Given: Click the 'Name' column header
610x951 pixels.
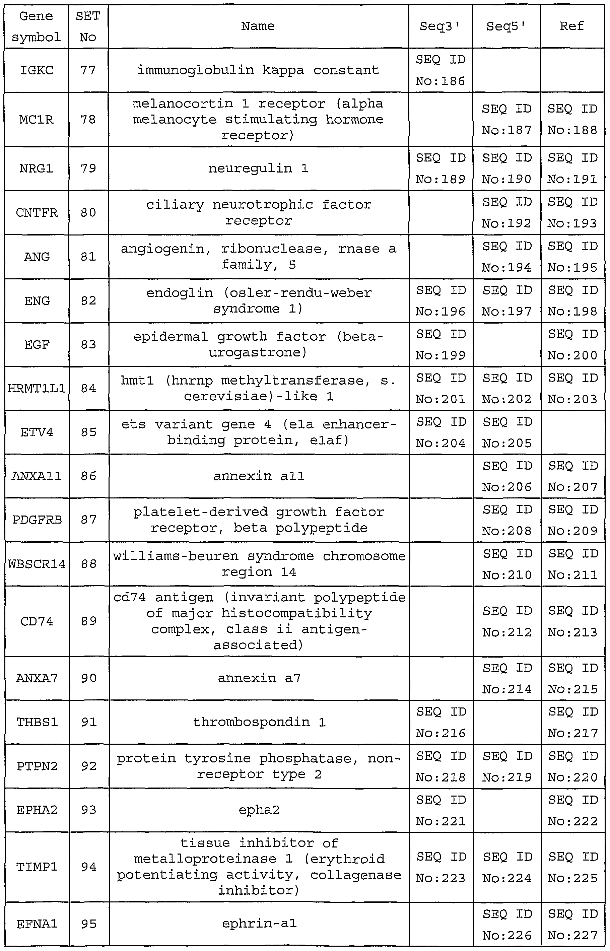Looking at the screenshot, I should (x=258, y=26).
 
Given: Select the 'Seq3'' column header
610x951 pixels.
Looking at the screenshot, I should (x=440, y=26).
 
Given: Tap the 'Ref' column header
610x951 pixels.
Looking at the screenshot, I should (x=571, y=26).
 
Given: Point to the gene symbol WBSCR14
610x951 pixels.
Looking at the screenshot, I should (x=37, y=564).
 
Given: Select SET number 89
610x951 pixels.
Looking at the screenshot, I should (x=88, y=621).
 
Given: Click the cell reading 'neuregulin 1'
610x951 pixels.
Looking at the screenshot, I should (x=258, y=169).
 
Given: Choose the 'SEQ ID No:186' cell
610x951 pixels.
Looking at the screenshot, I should (x=440, y=70).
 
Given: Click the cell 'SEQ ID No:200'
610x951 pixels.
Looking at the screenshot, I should (x=572, y=345).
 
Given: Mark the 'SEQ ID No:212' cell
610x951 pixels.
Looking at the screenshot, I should (x=506, y=621).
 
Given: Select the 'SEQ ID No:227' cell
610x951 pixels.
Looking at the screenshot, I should (x=572, y=925).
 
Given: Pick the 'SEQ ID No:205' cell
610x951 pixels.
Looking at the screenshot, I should (x=506, y=432).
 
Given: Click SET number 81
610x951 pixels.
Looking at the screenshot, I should (x=88, y=257).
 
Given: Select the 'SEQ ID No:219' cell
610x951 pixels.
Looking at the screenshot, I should (x=506, y=766).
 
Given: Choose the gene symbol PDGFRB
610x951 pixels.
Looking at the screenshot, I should (x=37, y=520).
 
